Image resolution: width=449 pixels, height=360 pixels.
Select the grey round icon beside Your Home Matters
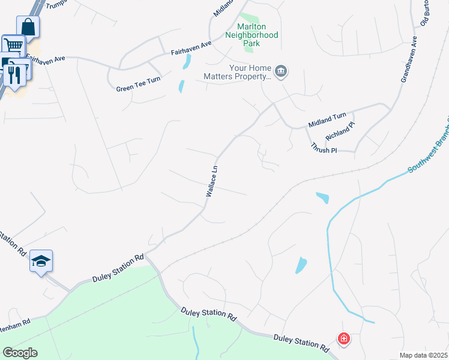[x=282, y=73]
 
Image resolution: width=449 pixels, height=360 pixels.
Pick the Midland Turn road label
[x=327, y=119]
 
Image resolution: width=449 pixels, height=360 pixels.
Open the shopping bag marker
[x=28, y=27]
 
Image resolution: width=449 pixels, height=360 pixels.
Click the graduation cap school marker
[x=41, y=261]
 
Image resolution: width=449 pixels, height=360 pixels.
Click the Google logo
[x=20, y=353]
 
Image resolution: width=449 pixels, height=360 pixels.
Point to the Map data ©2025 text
[x=423, y=355]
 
